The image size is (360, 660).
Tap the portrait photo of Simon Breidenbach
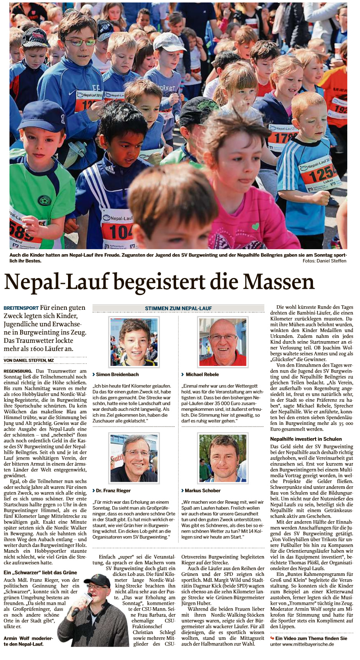pyautogui.click(x=134, y=342)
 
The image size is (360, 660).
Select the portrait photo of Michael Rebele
pyautogui.click(x=223, y=342)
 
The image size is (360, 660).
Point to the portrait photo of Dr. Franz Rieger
pyautogui.click(x=134, y=458)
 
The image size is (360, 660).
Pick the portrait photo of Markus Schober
pyautogui.click(x=223, y=458)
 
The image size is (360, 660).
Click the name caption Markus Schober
pyautogui.click(x=202, y=490)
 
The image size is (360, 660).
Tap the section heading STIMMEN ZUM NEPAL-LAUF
pyautogui.click(x=178, y=308)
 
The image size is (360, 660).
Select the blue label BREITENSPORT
pyautogui.click(x=21, y=308)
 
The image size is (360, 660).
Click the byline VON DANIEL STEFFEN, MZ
pyautogui.click(x=28, y=360)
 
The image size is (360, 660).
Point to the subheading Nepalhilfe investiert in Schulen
pyautogui.click(x=306, y=439)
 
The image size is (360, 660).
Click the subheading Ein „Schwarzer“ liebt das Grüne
pyautogui.click(x=40, y=572)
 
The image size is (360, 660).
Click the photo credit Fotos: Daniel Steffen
pyautogui.click(x=324, y=261)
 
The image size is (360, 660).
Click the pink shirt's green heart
pyautogui.click(x=256, y=226)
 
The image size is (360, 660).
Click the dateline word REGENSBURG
pyautogui.click(x=18, y=371)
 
